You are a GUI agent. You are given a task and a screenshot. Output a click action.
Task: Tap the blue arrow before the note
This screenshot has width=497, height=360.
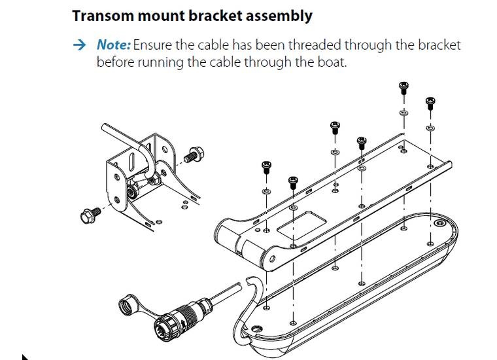(x=79, y=45)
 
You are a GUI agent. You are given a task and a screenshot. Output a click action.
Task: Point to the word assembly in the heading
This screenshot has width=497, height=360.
(x=279, y=15)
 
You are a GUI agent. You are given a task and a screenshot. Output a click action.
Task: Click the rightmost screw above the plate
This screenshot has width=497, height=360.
(x=430, y=103)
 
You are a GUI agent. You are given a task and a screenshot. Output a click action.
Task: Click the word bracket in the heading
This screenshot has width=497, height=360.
(x=213, y=15)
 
